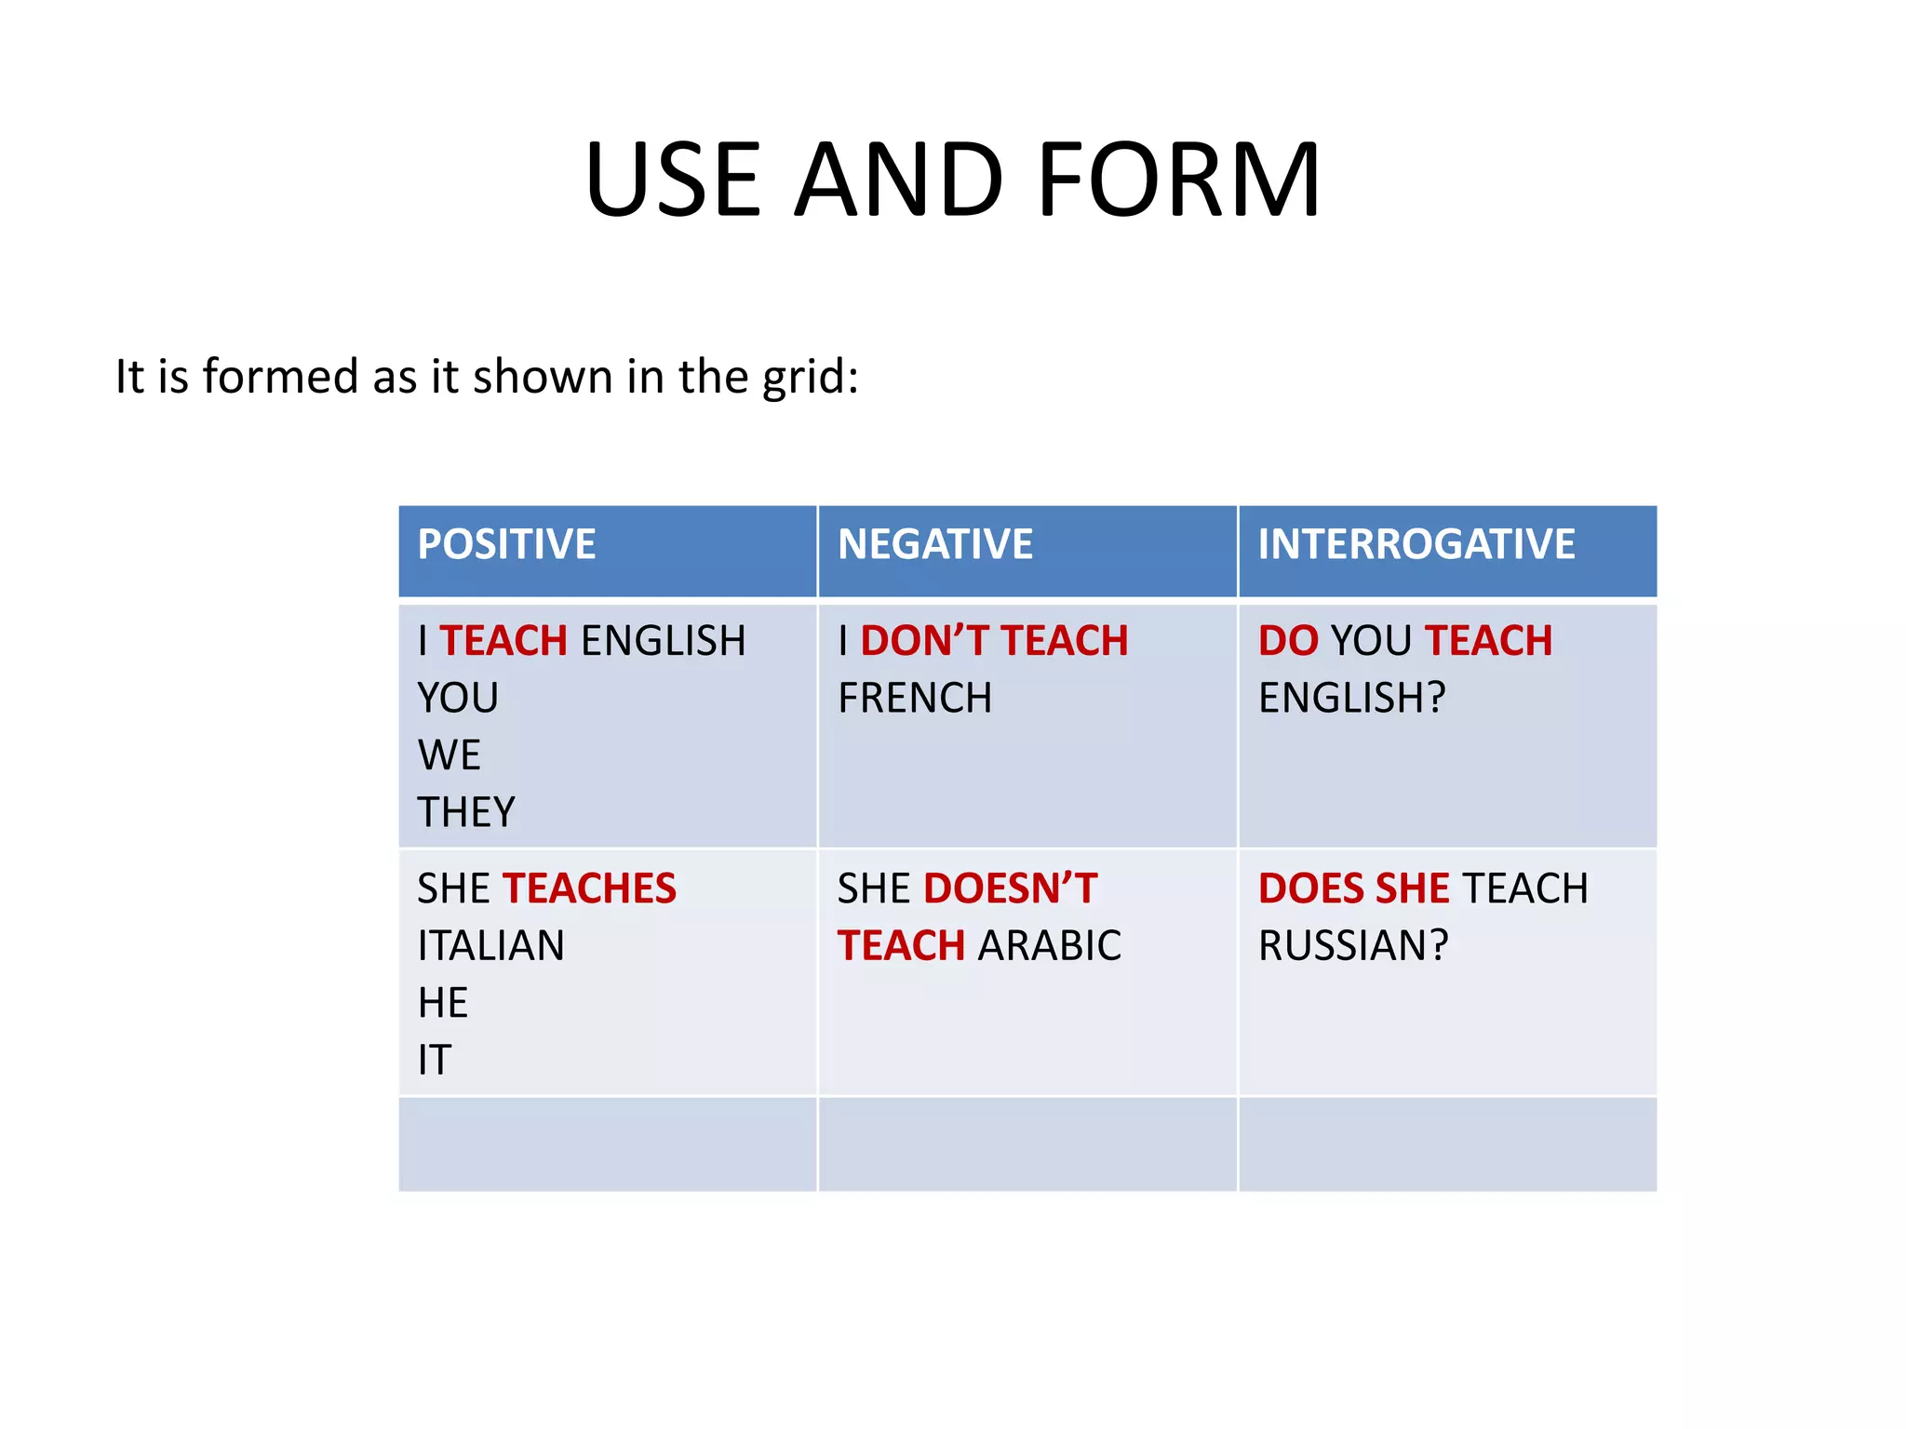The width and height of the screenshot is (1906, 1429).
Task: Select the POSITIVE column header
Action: (x=506, y=544)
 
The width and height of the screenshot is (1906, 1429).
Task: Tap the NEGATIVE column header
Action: (x=934, y=544)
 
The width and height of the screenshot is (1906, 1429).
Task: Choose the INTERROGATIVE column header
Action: (x=1416, y=544)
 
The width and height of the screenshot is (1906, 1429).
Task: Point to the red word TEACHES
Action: (x=589, y=888)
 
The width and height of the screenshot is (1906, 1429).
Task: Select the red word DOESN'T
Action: (x=1010, y=888)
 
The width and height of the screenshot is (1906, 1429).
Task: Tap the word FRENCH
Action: (x=915, y=698)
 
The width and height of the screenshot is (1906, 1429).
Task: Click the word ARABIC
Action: (x=1049, y=946)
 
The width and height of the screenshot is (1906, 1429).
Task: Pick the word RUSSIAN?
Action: (x=1353, y=946)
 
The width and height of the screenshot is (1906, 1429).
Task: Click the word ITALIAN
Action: (x=490, y=946)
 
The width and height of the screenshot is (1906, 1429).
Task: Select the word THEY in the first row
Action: (x=465, y=812)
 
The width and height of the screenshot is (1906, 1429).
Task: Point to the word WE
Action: (x=449, y=755)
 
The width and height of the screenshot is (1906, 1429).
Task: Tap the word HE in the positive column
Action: (x=442, y=1003)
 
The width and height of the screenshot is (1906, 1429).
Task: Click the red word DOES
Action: (x=1311, y=888)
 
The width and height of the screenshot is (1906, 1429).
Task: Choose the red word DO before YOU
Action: (x=1288, y=641)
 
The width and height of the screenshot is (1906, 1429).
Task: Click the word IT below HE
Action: (x=434, y=1061)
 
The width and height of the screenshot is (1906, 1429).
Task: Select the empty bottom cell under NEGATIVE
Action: (x=1027, y=1144)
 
